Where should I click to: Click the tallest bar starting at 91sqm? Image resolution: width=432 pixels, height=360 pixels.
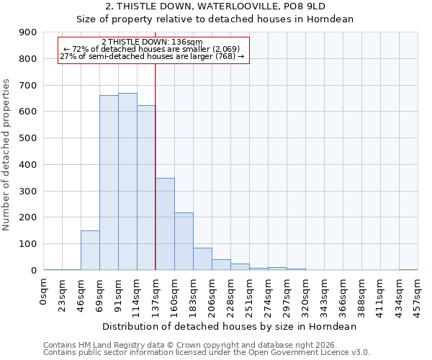[127, 181]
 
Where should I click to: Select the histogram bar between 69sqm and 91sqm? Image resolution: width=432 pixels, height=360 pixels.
[109, 183]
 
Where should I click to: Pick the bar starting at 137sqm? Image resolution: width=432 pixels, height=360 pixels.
[165, 224]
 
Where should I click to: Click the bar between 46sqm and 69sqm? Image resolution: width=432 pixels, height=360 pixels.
[90, 251]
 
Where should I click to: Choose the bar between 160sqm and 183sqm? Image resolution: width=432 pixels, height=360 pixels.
[184, 241]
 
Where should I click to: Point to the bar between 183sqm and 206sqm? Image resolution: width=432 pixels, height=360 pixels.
[202, 259]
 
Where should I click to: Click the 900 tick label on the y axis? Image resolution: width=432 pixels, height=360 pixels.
[28, 32]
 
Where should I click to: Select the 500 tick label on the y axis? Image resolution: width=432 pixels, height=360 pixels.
[28, 138]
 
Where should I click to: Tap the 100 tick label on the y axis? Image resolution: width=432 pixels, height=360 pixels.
[28, 244]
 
